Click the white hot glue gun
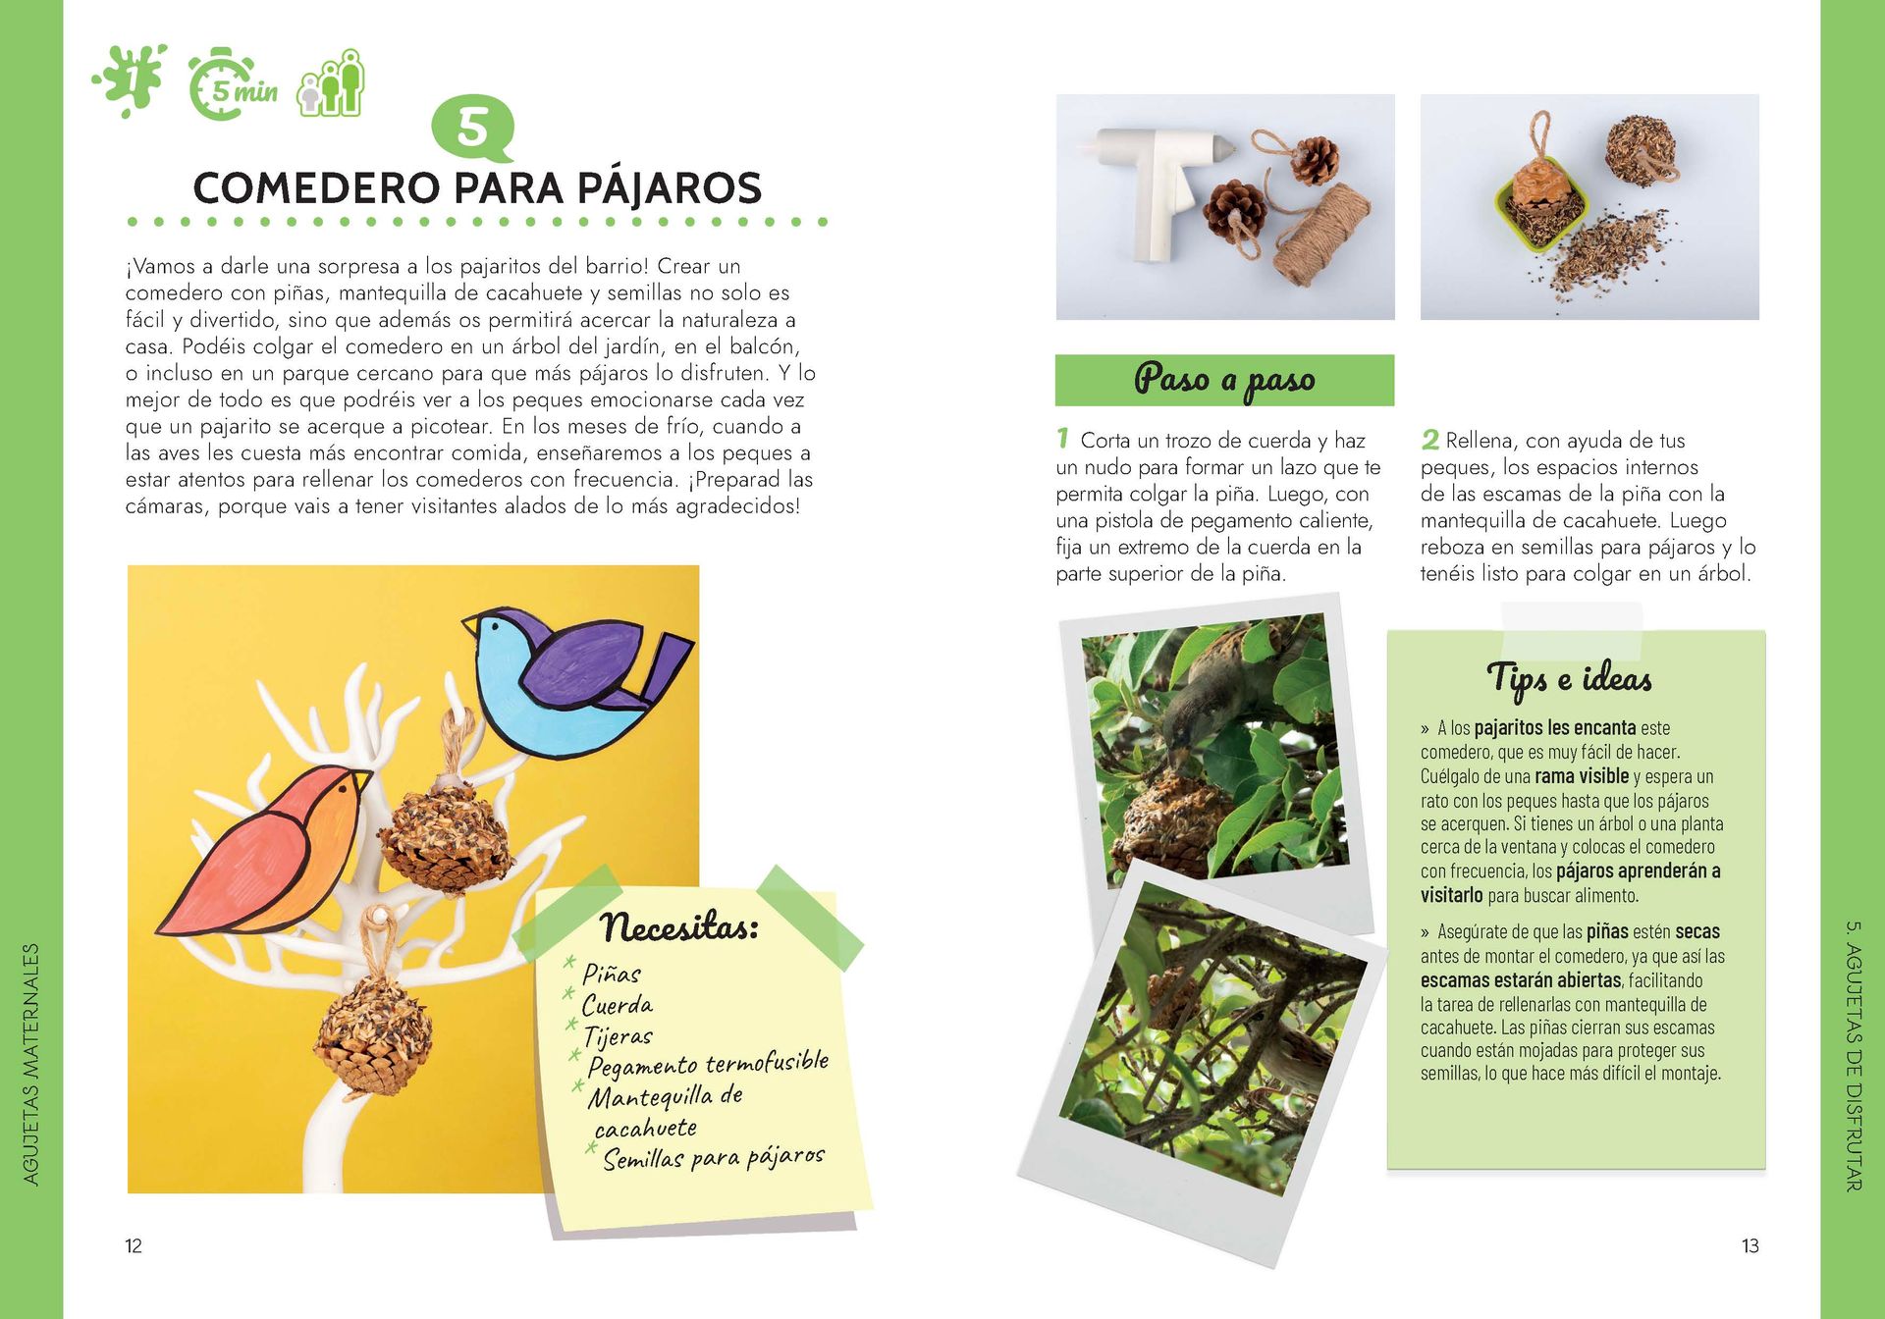[1158, 186]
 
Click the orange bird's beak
[361, 780]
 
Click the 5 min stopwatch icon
[233, 85]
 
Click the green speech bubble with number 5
[473, 129]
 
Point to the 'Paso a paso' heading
[1224, 380]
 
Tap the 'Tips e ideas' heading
[1569, 679]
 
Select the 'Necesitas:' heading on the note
[679, 924]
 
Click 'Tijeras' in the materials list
[618, 1036]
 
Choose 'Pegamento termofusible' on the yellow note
[708, 1064]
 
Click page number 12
[134, 1246]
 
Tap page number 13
[1750, 1246]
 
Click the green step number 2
[1430, 440]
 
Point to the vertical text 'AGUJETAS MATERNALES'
[31, 1065]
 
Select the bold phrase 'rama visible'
[1582, 776]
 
